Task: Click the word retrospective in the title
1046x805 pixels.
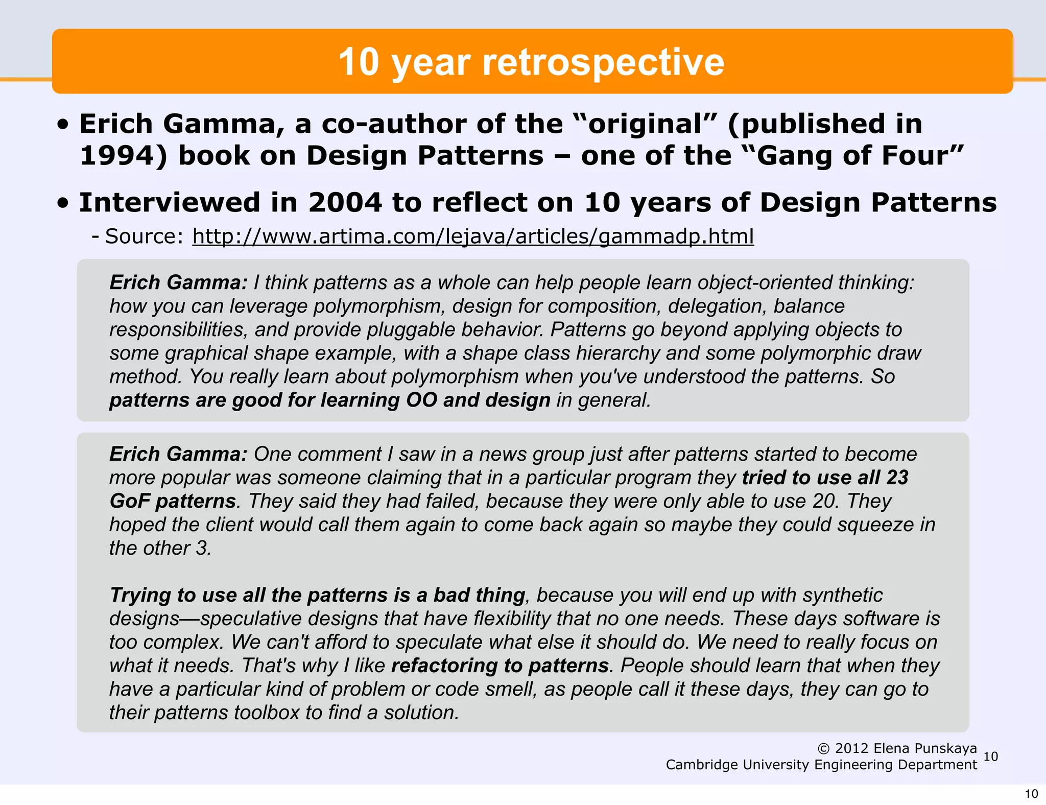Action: click(x=603, y=62)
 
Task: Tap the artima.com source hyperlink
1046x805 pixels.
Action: click(x=472, y=236)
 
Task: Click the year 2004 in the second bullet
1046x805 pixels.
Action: click(x=345, y=202)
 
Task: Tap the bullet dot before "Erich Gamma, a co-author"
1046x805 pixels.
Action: click(x=63, y=125)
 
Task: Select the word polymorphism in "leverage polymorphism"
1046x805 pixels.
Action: click(x=377, y=306)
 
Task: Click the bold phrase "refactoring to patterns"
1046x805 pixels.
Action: click(x=500, y=666)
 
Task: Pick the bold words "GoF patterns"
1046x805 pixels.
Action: click(x=173, y=501)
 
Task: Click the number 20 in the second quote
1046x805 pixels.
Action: click(x=825, y=501)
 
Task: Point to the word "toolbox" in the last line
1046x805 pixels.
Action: click(x=266, y=713)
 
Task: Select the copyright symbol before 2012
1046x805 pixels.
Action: click(x=823, y=749)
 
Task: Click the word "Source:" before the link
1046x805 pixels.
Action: click(x=144, y=236)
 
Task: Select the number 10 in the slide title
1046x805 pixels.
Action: click(x=359, y=62)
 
